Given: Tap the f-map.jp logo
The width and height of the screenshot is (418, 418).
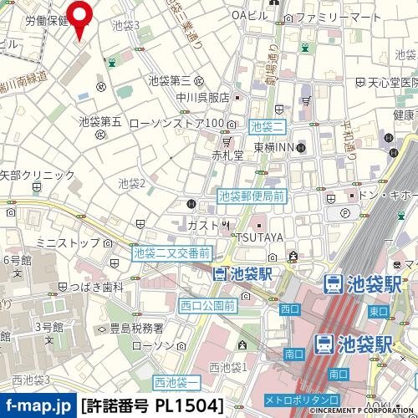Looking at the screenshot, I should pos(38,405).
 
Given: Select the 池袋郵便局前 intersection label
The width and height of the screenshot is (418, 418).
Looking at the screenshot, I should pos(252,196).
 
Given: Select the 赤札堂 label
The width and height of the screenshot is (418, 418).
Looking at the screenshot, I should pos(227,155).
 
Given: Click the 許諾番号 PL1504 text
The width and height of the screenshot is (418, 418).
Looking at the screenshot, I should pos(153,405).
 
